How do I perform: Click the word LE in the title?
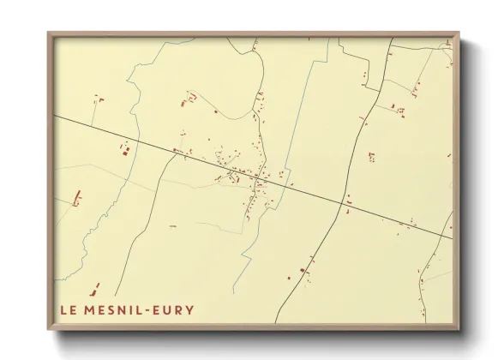click(x=68, y=310)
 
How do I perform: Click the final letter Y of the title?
click(x=189, y=310)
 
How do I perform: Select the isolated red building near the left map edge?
click(x=76, y=198)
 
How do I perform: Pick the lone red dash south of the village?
click(x=172, y=226)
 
